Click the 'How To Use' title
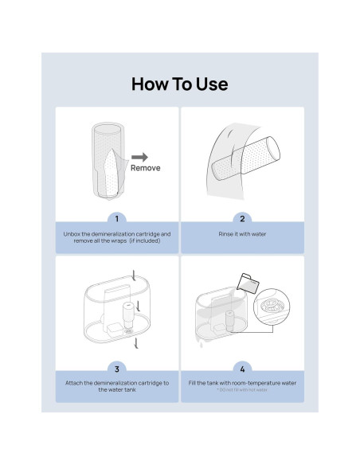(179, 84)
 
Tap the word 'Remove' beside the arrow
(145, 168)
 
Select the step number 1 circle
(117, 218)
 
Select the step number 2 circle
(242, 218)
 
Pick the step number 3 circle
(117, 368)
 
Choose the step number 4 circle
(242, 368)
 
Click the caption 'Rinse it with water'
(242, 234)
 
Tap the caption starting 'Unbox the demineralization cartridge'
(117, 237)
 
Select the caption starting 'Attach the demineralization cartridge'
(117, 386)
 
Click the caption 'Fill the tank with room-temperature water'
(242, 383)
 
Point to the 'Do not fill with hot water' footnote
(242, 391)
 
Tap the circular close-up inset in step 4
(272, 307)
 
